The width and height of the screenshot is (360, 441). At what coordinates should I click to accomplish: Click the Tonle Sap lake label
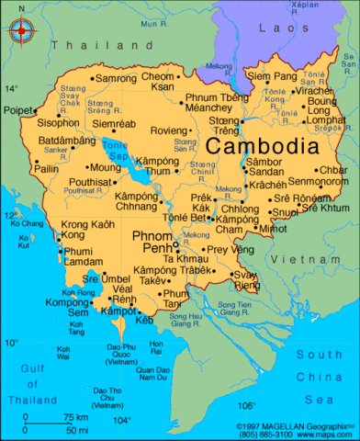(116, 151)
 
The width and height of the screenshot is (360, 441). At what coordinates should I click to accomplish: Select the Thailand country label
(86, 44)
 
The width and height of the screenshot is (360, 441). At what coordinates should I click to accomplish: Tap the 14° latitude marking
(11, 89)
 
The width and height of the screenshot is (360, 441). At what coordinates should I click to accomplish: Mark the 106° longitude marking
(246, 404)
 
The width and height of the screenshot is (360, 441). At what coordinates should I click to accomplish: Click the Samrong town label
(116, 78)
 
